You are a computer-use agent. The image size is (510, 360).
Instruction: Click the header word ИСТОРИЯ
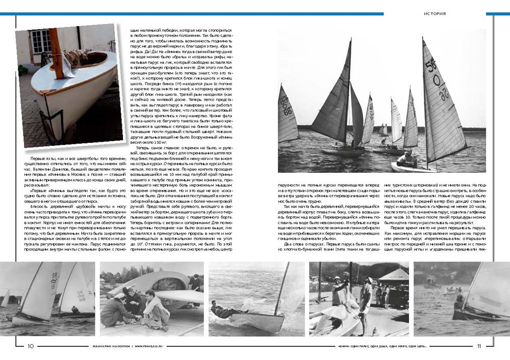click(x=435, y=14)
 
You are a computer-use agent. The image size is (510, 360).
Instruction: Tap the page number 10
click(x=31, y=346)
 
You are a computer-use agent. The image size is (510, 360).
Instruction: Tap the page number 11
click(x=479, y=346)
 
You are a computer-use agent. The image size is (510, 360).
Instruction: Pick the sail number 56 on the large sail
click(x=432, y=65)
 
